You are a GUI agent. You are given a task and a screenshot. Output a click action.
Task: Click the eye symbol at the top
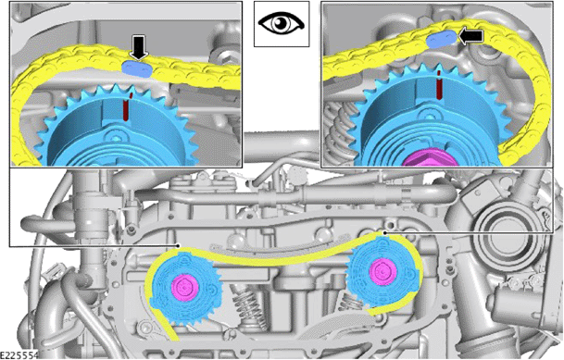pyautogui.click(x=282, y=23)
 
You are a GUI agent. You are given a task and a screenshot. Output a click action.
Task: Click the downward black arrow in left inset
pyautogui.click(x=139, y=47)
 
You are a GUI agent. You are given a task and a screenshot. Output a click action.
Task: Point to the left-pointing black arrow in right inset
pyautogui.click(x=470, y=36)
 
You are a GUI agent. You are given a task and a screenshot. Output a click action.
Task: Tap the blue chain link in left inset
pyautogui.click(x=137, y=68)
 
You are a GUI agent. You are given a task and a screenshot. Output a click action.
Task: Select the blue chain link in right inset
pyautogui.click(x=442, y=39)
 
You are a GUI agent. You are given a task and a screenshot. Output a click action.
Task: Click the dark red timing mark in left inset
pyautogui.click(x=126, y=107)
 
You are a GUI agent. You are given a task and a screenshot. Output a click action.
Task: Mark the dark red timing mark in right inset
pyautogui.click(x=439, y=85)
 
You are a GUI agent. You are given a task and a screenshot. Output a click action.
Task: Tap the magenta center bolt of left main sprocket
pyautogui.click(x=184, y=288)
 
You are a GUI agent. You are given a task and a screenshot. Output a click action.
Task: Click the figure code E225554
pyautogui.click(x=19, y=355)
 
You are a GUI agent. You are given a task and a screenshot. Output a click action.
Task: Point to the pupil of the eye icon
pyautogui.click(x=281, y=23)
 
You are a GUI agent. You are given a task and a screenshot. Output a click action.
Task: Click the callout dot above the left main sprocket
pyautogui.click(x=179, y=246)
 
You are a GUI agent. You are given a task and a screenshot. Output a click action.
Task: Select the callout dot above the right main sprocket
pyautogui.click(x=384, y=233)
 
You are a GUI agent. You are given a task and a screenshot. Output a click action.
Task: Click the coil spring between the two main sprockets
pyautogui.click(x=248, y=309)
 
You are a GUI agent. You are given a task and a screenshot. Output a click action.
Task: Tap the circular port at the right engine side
pyautogui.click(x=499, y=231)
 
